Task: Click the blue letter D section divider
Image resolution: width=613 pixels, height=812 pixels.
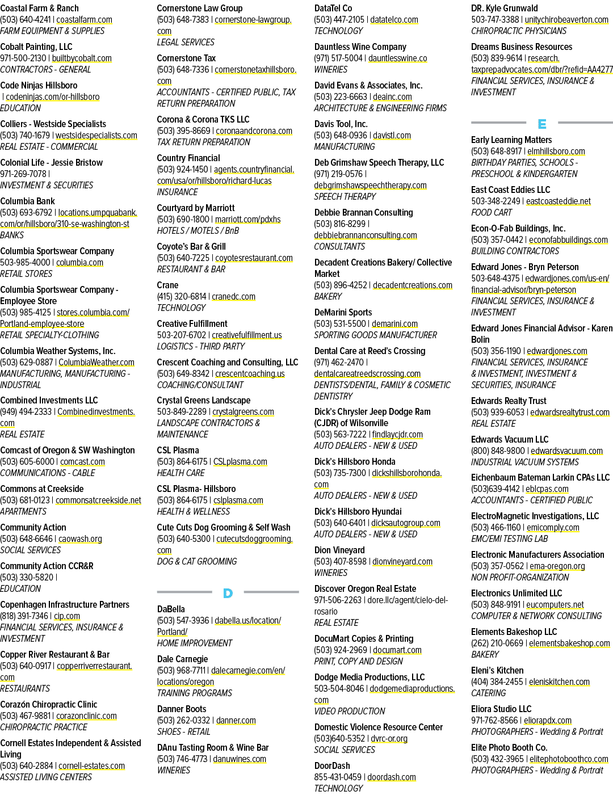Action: point(228,593)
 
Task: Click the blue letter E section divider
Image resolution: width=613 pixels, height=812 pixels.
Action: point(542,124)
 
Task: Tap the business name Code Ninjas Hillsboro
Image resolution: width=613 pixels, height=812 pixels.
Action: point(39,86)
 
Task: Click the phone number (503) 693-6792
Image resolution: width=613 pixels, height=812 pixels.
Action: point(26,213)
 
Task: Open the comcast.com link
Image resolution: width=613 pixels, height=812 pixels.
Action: point(82,462)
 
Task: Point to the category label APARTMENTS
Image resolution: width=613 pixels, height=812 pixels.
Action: point(23,512)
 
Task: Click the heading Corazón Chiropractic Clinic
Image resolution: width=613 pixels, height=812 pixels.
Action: point(48,704)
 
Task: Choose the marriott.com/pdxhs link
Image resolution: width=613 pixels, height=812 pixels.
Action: point(248,220)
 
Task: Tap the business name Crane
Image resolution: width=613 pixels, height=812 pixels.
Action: point(167,285)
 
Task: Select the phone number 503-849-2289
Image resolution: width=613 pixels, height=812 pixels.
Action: point(182,412)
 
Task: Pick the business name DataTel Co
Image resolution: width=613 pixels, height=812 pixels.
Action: point(333,8)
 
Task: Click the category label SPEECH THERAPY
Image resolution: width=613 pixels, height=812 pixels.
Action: point(345,197)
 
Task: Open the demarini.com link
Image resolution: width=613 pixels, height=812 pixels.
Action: point(394,323)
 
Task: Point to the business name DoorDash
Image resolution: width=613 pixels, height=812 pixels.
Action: point(332,766)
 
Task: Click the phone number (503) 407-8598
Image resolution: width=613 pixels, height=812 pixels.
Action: point(341,562)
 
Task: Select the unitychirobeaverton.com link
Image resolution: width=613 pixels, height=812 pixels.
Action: point(566,20)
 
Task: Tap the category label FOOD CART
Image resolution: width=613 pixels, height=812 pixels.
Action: point(492,213)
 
